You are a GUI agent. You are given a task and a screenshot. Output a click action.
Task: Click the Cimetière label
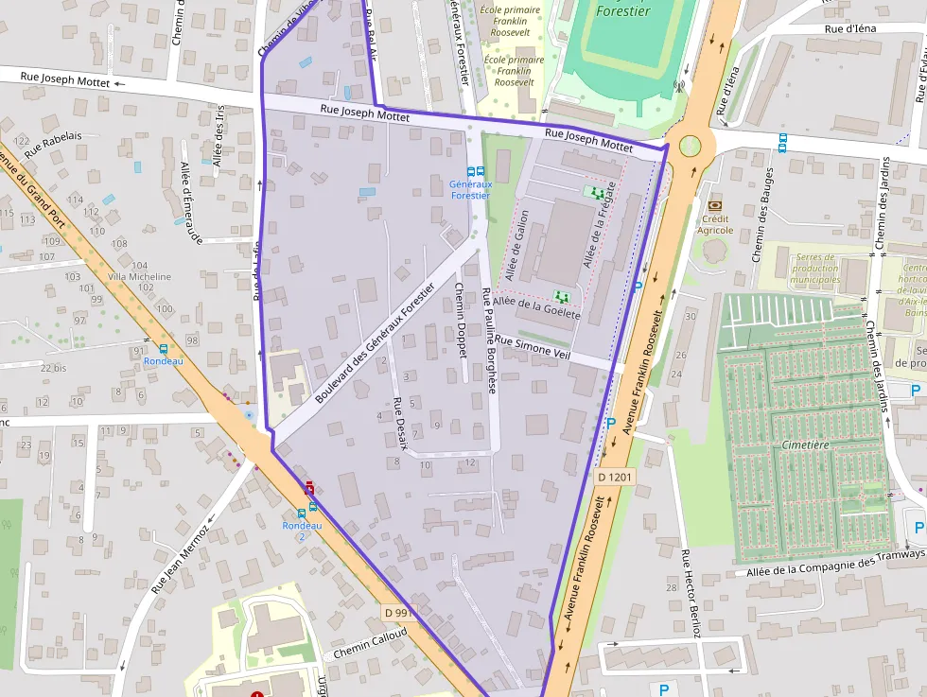coord(806,444)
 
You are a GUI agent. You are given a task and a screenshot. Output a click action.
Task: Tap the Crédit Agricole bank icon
coord(715,205)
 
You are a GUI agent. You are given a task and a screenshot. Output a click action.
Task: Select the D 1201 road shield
coord(615,479)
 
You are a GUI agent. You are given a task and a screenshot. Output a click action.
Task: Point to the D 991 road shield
coord(401,613)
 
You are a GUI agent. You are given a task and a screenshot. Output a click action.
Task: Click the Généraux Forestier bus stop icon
coord(476,172)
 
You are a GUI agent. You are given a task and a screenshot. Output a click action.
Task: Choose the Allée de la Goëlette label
coord(536,307)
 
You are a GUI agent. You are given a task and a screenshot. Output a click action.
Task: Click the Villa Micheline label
coord(140,276)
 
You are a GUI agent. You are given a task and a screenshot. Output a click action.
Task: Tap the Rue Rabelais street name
coord(53,143)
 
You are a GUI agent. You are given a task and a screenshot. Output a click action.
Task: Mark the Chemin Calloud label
coord(370,644)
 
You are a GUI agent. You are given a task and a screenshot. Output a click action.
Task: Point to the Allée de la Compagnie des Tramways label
coord(832,564)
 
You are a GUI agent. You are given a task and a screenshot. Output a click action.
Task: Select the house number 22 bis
coord(53,367)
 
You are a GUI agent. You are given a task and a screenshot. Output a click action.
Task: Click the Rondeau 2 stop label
coord(302,531)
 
